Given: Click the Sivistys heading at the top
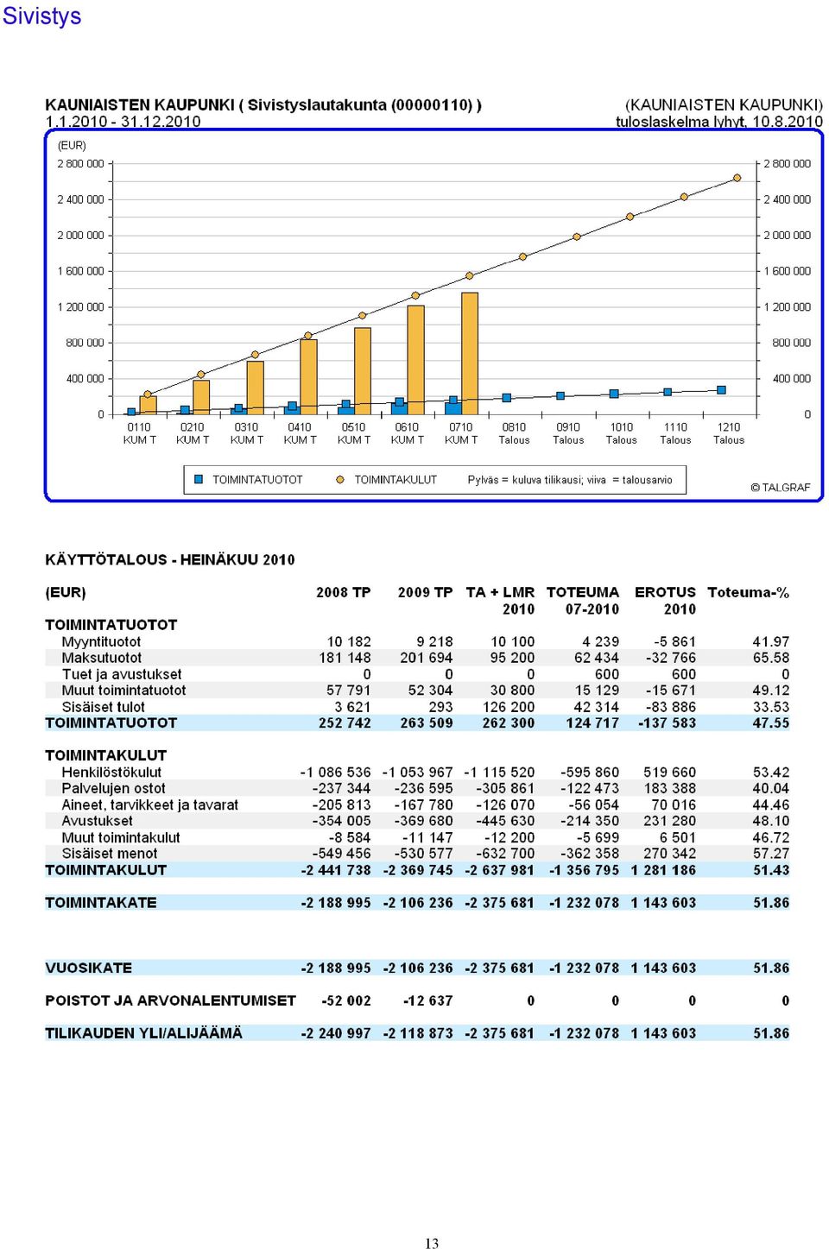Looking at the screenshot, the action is (41, 16).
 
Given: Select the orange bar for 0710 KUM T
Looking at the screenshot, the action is (470, 354).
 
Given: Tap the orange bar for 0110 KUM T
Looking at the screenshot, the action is (148, 406).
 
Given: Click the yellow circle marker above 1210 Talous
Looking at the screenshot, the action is (737, 178).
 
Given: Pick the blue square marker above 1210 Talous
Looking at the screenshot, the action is (721, 390).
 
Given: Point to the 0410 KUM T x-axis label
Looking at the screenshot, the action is (300, 433).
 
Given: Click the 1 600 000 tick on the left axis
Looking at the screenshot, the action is (80, 271).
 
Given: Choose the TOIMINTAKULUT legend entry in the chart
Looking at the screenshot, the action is (387, 480).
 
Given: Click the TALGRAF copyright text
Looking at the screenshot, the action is (780, 488).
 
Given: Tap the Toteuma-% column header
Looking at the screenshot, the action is (748, 592).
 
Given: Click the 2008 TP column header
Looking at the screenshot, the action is (343, 592).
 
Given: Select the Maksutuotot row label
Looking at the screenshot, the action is (102, 658).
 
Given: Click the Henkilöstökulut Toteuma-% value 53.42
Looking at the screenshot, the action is (771, 773).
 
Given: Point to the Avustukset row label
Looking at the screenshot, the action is (97, 821).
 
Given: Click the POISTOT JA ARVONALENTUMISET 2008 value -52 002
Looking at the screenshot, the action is (346, 1001).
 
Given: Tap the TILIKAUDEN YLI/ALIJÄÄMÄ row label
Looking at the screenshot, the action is (144, 1033).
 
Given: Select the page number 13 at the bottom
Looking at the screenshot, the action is (432, 1243).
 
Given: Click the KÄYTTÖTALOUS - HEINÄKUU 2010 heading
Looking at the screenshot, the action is (169, 560).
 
